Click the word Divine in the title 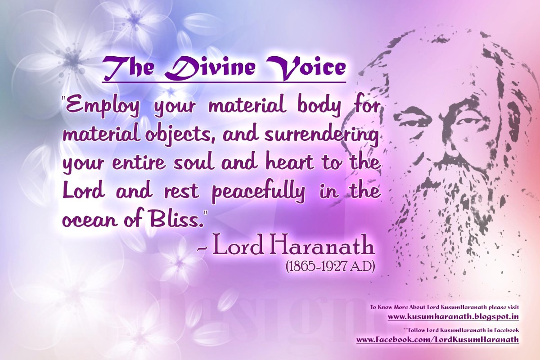[210, 67]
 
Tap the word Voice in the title [305, 67]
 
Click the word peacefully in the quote [258, 193]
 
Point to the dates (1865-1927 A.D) [330, 267]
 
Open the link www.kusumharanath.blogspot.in [453, 317]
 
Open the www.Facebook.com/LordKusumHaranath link [437, 339]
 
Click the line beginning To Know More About [445, 307]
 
